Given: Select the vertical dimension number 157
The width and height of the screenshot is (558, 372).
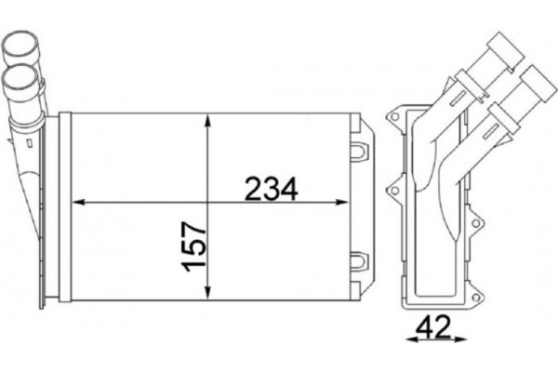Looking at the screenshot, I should tap(193, 245).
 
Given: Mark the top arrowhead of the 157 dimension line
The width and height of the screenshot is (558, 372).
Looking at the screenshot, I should tap(206, 120).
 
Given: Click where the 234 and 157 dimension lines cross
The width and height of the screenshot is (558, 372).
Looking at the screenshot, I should tap(206, 201).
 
